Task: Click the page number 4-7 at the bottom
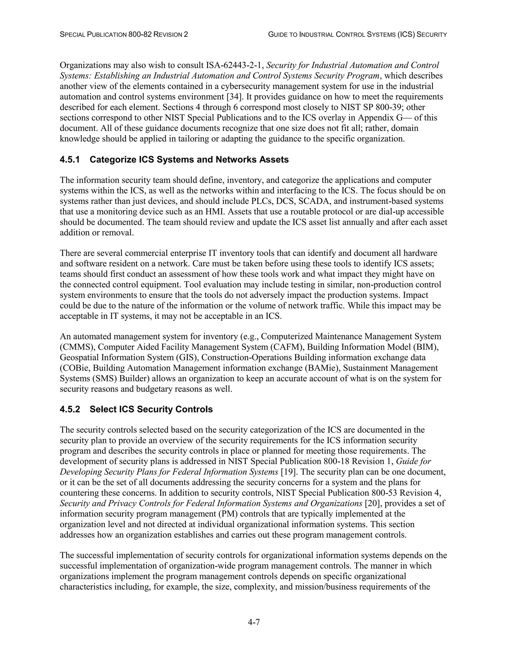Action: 254,622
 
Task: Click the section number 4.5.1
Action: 70,159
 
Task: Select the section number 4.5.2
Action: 70,409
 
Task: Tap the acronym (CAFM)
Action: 287,347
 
